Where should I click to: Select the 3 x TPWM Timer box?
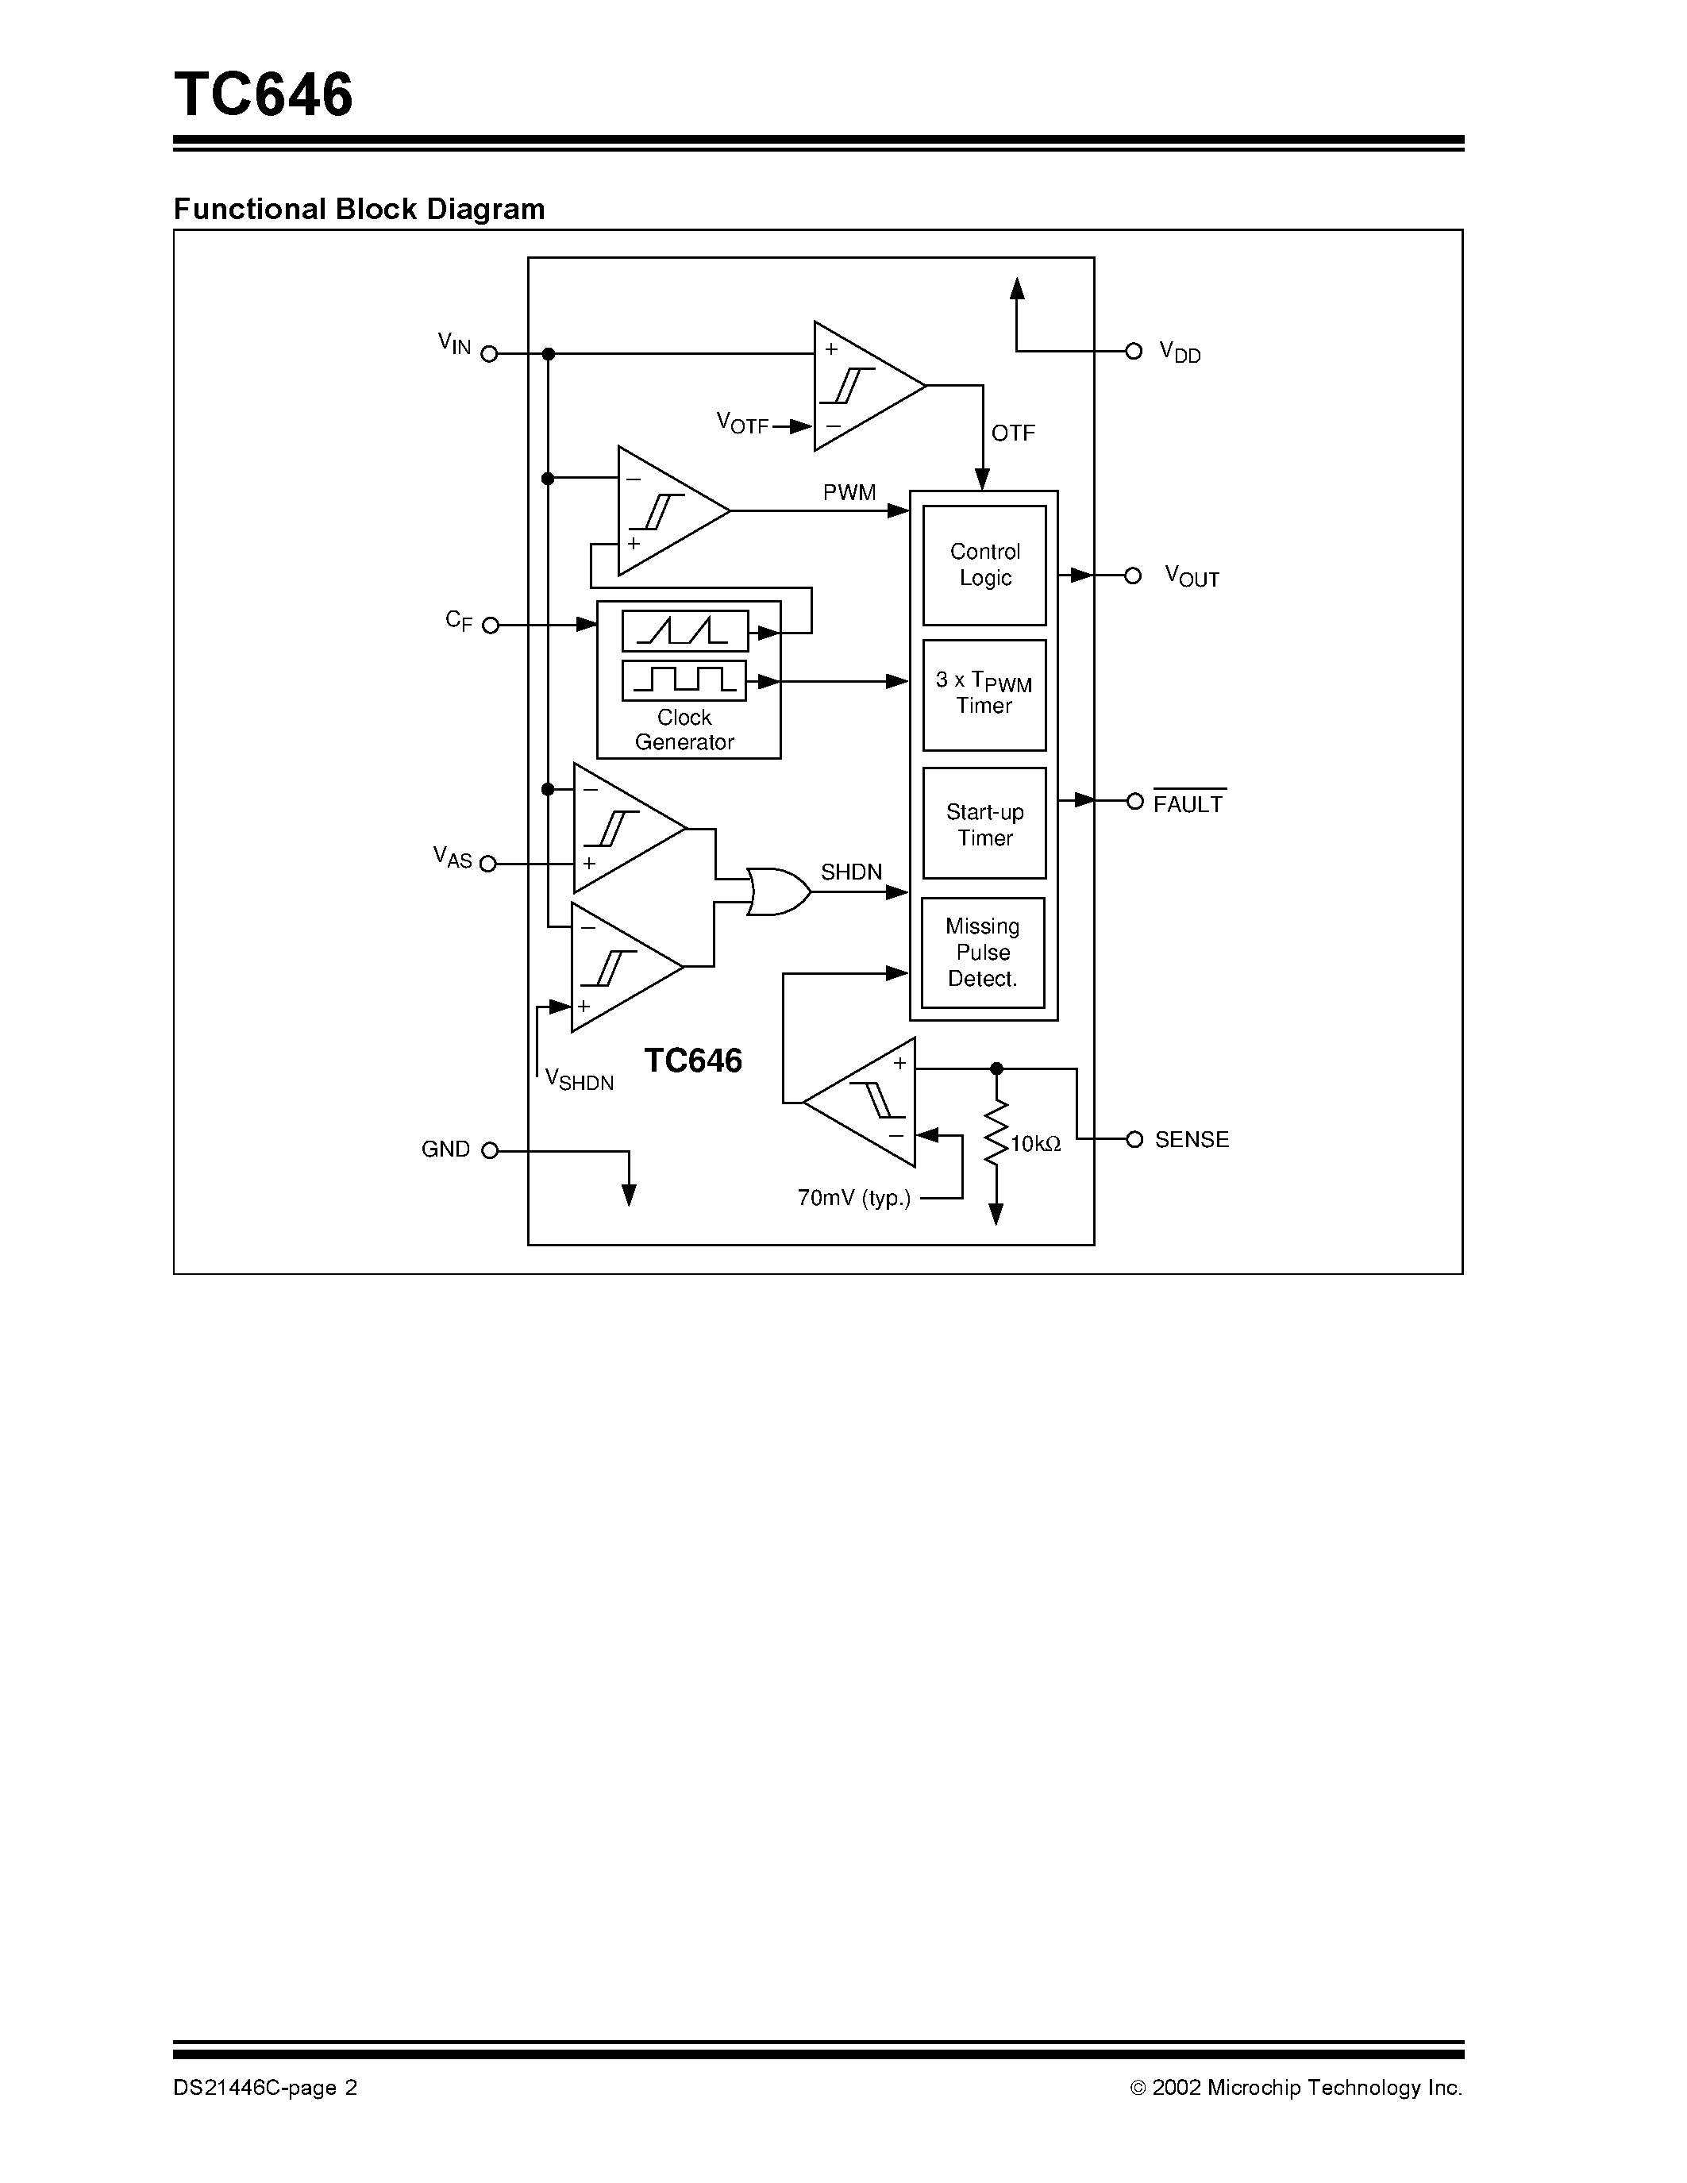pos(984,694)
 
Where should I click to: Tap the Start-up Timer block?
pos(984,824)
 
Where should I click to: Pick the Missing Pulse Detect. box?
pos(982,953)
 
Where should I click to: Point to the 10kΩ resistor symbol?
pos(996,1133)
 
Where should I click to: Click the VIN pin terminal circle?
pos(490,354)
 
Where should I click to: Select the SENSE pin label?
pos(1192,1139)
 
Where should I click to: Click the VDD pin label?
pos(1179,352)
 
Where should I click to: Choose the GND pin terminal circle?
pos(490,1150)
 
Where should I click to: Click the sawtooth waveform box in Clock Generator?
pos(684,631)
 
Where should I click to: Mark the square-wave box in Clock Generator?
pos(684,680)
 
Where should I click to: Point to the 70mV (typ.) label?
pos(853,1197)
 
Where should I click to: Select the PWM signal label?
pos(849,492)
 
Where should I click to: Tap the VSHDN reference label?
pos(579,1080)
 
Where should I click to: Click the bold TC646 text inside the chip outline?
pos(692,1061)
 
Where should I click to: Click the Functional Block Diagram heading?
pos(359,209)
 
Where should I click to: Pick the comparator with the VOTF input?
pos(861,387)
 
